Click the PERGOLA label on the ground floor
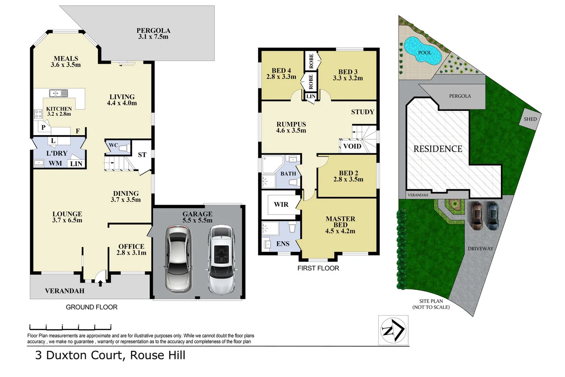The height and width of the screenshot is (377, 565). pyautogui.click(x=153, y=30)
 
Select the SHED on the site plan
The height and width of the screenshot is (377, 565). pyautogui.click(x=530, y=119)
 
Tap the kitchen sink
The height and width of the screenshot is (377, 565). pyautogui.click(x=58, y=93)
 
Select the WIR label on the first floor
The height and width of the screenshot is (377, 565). pyautogui.click(x=281, y=205)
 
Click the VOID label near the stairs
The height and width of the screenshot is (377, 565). pyautogui.click(x=352, y=146)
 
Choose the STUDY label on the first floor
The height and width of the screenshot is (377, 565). pyautogui.click(x=363, y=112)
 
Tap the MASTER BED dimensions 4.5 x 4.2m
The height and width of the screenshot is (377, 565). pyautogui.click(x=340, y=231)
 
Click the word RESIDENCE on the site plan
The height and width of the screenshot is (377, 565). pyautogui.click(x=437, y=149)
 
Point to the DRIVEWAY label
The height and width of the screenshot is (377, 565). pyautogui.click(x=480, y=248)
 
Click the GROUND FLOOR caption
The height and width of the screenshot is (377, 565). pyautogui.click(x=91, y=307)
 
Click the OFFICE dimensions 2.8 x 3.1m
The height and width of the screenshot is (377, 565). pyautogui.click(x=132, y=253)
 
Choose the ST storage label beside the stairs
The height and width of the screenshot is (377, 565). pyautogui.click(x=142, y=155)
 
